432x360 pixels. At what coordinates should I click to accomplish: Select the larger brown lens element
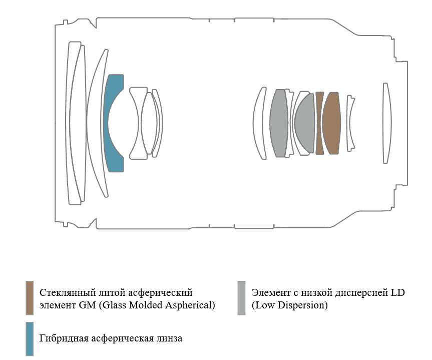(x=331, y=123)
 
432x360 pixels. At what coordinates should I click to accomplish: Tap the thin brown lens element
(x=319, y=123)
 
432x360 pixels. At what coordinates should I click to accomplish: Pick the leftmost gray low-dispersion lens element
(x=279, y=123)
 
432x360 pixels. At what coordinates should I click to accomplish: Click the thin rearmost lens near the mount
(x=387, y=123)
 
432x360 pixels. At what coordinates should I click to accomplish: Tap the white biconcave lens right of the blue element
(x=139, y=123)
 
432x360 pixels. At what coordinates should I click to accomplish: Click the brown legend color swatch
(x=30, y=298)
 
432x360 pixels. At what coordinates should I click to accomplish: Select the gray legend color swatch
(x=241, y=298)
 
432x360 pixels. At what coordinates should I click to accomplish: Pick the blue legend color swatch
(x=30, y=339)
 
